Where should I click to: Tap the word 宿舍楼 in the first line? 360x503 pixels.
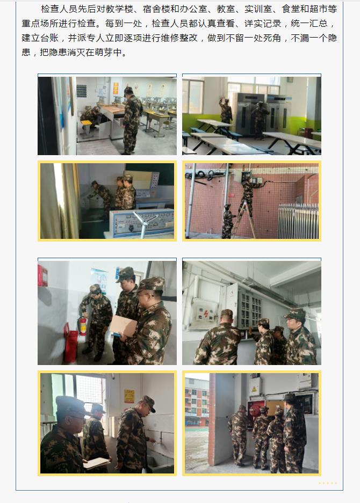click(x=156, y=9)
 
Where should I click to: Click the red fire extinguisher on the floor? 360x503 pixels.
click(x=83, y=326)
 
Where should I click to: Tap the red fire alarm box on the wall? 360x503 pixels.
click(x=42, y=276)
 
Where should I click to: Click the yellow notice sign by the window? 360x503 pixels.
click(x=129, y=396)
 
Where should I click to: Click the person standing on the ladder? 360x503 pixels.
click(x=248, y=193)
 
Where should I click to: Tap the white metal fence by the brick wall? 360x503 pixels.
click(x=298, y=221)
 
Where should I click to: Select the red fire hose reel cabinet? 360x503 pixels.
click(x=256, y=409)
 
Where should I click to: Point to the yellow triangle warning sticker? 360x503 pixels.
click(x=254, y=389)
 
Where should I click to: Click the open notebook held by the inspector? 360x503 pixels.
click(x=96, y=463)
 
